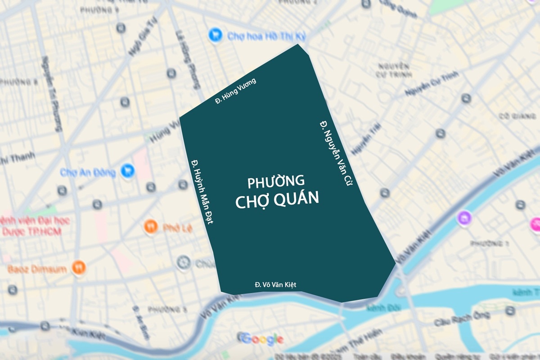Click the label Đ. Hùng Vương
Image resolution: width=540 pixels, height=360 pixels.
235,91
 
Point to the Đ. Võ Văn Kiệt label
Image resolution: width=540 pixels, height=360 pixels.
275,284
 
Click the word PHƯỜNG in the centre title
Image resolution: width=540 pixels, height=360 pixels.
276,182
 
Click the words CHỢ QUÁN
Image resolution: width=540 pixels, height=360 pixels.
277,199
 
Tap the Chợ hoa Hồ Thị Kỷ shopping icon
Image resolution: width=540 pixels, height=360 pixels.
216,35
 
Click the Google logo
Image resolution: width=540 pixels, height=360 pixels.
261,339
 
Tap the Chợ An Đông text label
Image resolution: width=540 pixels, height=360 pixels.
88,172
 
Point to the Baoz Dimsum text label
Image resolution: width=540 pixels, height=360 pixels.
37,270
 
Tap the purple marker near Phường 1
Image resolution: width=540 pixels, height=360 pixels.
464,219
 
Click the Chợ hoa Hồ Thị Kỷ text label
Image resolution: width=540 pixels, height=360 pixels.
261,36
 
